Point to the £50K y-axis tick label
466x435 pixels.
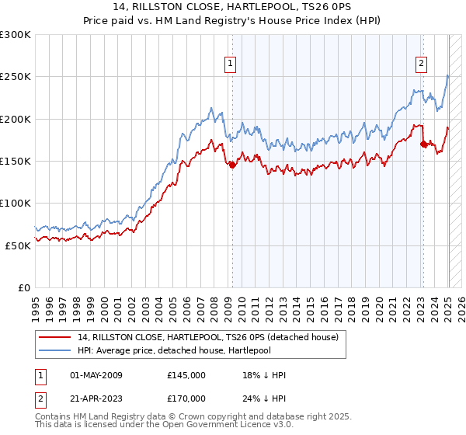[17, 245]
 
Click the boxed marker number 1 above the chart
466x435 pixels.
[231, 64]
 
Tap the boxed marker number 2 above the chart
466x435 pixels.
[421, 64]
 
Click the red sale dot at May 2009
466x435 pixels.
[232, 165]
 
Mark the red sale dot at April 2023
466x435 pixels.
[423, 144]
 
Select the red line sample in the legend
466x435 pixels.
[55, 338]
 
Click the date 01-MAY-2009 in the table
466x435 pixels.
[96, 375]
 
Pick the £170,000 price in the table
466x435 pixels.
[186, 398]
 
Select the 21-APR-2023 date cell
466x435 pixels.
[96, 398]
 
